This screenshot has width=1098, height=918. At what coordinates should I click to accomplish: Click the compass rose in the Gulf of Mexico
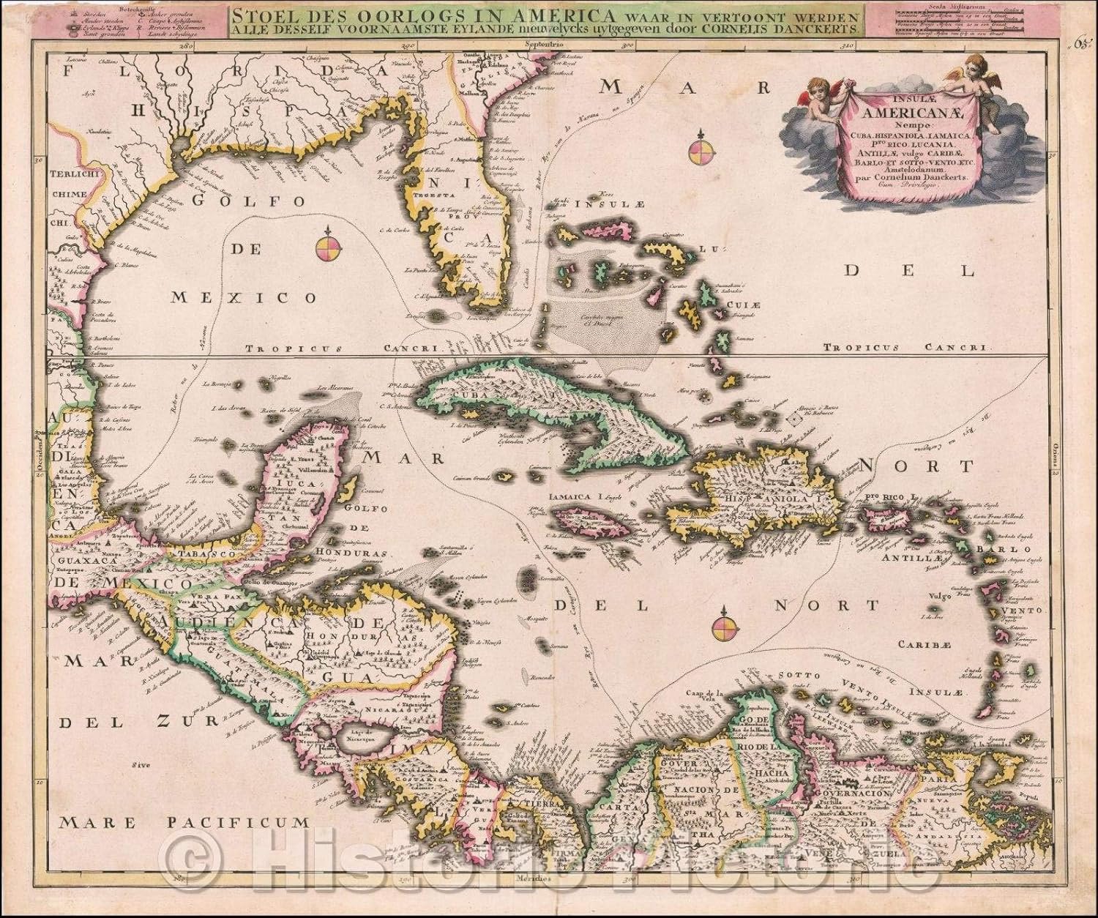click(329, 247)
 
